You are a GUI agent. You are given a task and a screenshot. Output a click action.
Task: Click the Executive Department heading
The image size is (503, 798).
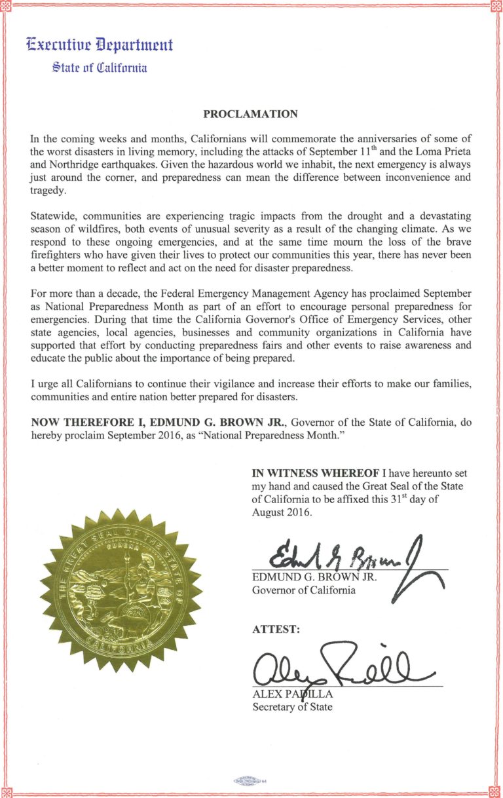click(100, 45)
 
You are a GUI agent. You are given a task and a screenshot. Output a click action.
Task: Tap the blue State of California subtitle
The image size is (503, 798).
click(100, 67)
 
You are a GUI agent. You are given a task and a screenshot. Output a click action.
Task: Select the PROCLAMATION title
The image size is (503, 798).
click(251, 114)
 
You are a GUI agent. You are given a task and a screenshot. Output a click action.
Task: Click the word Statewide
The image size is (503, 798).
click(55, 216)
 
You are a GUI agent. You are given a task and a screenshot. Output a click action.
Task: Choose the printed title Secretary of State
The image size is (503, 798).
click(292, 707)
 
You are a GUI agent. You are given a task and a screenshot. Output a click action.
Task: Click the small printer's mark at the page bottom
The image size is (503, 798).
click(252, 781)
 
